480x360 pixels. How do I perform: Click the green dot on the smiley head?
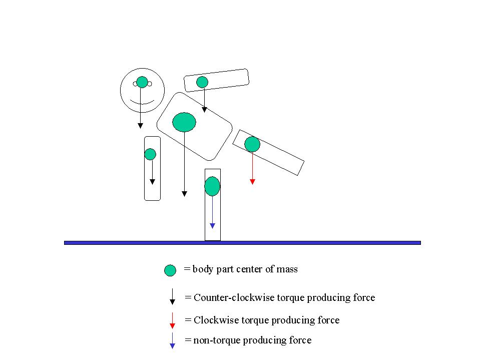coord(142,82)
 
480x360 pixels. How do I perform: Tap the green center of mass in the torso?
coord(184,122)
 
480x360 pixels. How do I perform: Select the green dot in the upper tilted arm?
coord(202,82)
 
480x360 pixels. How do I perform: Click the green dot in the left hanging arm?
coord(150,154)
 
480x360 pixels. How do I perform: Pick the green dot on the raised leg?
coord(252,144)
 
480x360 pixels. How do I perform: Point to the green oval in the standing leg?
coord(212,186)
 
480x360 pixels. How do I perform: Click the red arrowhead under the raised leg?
coord(252,182)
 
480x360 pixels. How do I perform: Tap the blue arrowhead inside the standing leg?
coord(212,226)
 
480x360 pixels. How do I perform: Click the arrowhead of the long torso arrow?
coord(184,193)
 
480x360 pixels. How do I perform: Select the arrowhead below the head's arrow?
coord(141,125)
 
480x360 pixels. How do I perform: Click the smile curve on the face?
coord(142,103)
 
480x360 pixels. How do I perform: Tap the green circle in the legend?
coord(170,270)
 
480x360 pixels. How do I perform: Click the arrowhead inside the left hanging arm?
coord(152,182)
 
